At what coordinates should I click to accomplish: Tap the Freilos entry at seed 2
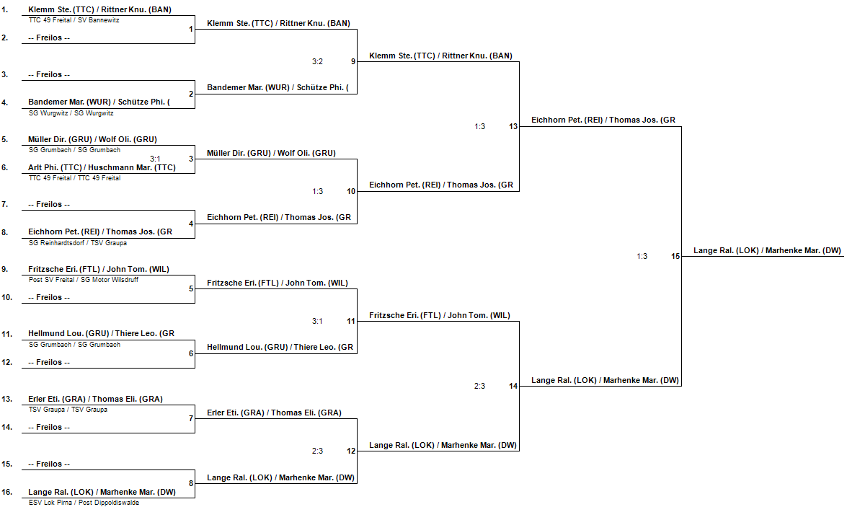coord(49,38)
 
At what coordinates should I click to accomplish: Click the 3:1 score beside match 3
coord(156,158)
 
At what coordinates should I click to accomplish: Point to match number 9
coord(353,61)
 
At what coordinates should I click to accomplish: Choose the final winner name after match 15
coord(767,250)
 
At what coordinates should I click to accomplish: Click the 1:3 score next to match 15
coord(642,256)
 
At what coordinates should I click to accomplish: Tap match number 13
coord(513,126)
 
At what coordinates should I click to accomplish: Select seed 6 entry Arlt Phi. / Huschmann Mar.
coord(102,167)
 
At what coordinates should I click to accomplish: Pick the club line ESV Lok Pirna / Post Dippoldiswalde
coord(84,503)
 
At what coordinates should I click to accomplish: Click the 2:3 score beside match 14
coord(479,386)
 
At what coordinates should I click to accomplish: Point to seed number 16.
coord(7,492)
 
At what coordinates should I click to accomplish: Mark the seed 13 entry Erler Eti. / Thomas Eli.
coord(95,399)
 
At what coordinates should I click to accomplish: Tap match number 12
coord(351,451)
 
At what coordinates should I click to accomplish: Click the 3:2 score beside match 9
coord(317,61)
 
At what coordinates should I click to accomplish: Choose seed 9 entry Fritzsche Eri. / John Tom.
coord(99,269)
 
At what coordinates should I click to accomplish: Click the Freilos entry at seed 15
coord(49,464)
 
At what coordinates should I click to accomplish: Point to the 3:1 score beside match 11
coord(317,321)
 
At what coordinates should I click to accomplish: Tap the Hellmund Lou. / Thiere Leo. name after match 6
coord(280,348)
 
